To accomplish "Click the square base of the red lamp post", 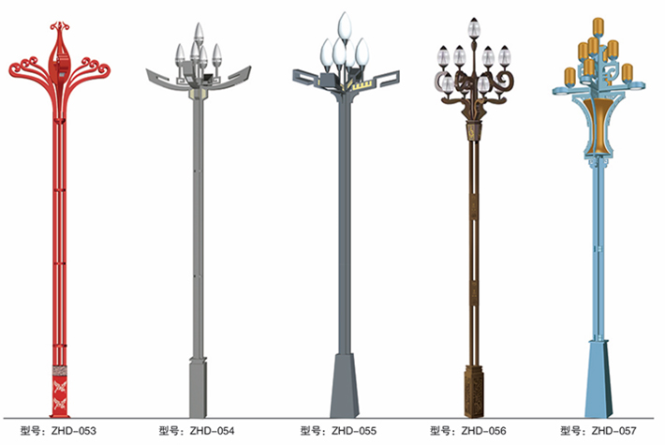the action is [x=60, y=391].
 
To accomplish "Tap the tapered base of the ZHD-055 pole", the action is [x=345, y=386].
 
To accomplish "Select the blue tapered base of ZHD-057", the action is [x=598, y=378].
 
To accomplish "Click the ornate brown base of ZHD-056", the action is [x=474, y=392].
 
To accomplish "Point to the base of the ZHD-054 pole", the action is [x=198, y=388].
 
